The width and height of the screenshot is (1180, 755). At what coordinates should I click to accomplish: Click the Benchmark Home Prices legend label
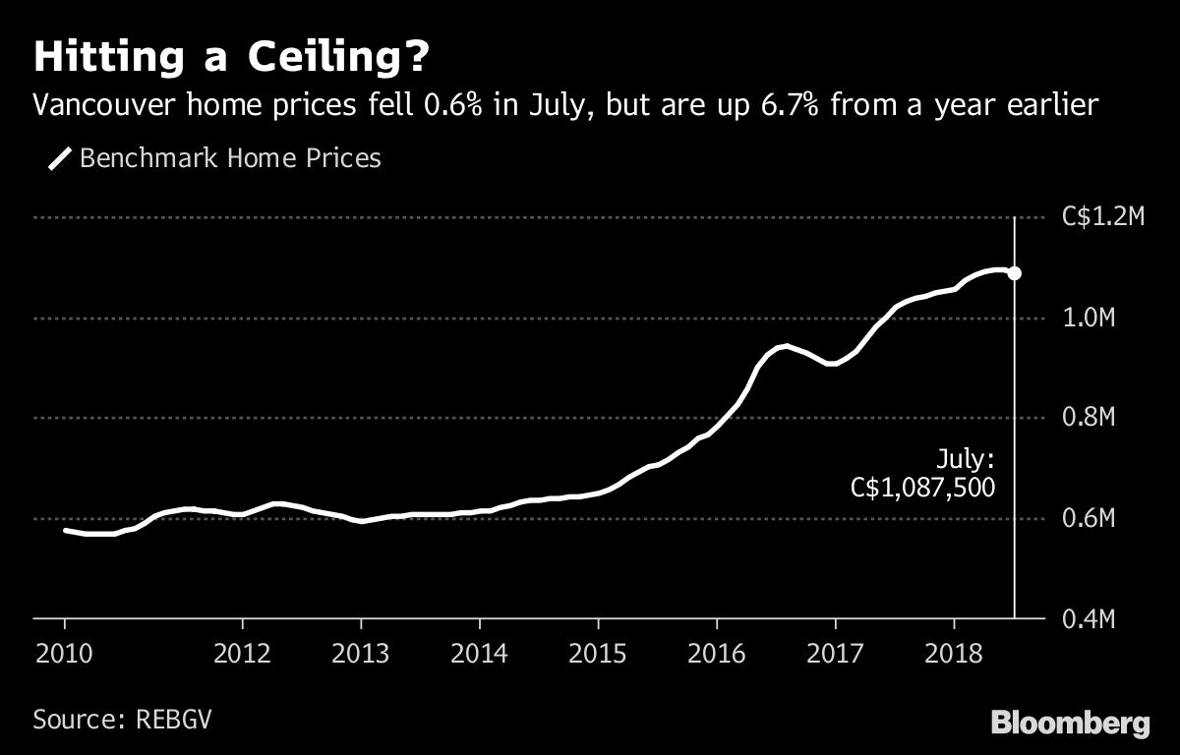coord(229,157)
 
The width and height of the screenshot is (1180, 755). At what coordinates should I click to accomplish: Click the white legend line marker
coord(60,158)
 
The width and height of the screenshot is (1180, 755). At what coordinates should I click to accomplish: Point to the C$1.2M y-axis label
coord(1102,218)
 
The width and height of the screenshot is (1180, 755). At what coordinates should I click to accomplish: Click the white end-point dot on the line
coord(1015,273)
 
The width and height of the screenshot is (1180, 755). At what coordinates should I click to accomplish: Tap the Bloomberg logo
coord(1070,724)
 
